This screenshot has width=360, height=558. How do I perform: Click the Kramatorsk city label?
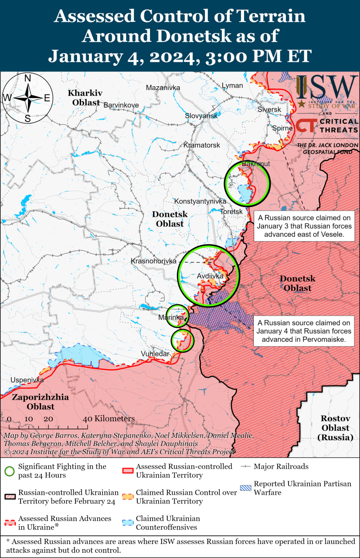click(x=202, y=145)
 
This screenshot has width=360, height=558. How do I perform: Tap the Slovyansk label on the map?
click(x=201, y=116)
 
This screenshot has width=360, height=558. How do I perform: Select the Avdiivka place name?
click(x=210, y=276)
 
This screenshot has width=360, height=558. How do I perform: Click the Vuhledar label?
click(x=155, y=354)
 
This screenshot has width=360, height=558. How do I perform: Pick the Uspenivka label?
click(x=27, y=380)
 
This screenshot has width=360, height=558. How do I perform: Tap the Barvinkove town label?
click(x=121, y=105)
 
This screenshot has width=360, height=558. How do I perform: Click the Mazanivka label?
click(x=163, y=88)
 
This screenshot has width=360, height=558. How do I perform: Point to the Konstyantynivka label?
click(x=200, y=201)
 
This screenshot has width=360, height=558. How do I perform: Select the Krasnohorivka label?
click(x=153, y=261)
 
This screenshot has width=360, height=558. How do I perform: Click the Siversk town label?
click(x=269, y=109)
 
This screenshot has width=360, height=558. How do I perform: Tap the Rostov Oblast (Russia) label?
click(x=336, y=428)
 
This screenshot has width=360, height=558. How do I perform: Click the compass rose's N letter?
click(x=27, y=78)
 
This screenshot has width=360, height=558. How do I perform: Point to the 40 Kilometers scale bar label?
click(x=109, y=419)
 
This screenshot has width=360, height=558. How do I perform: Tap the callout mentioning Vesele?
click(x=304, y=225)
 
